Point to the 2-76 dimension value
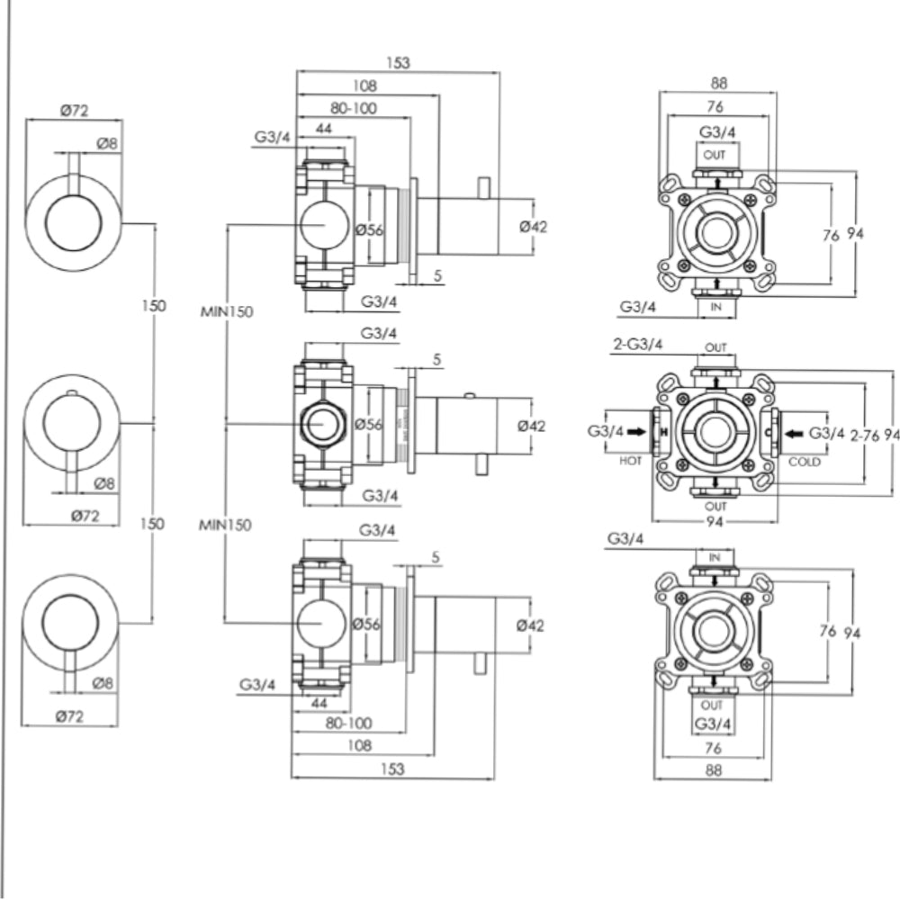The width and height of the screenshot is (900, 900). tap(865, 435)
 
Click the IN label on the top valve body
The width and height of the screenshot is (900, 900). tap(716, 307)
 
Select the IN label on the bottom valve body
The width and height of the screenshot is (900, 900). tap(715, 559)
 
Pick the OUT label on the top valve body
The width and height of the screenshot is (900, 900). tap(715, 155)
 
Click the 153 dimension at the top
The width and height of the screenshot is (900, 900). tap(398, 63)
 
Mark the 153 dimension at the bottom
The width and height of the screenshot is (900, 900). tap(392, 769)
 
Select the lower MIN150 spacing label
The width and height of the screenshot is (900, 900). tap(225, 524)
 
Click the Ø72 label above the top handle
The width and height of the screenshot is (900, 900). tap(74, 110)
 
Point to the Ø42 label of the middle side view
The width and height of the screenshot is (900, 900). tap(532, 426)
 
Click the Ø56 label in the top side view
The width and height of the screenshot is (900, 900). tap(369, 229)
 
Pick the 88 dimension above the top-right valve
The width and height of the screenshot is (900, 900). tap(718, 83)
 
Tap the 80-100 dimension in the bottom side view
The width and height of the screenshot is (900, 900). tap(348, 723)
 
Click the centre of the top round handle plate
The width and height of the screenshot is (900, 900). tap(73, 221)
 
